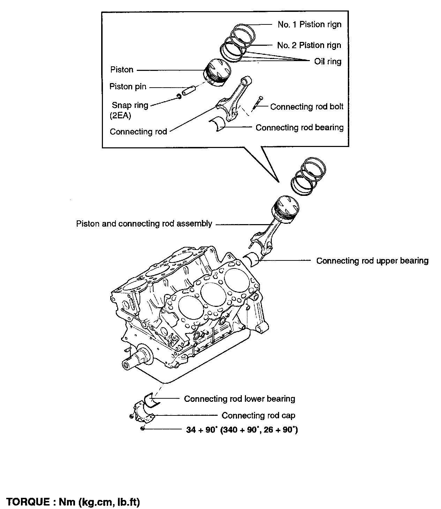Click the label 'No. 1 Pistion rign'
[x=309, y=24]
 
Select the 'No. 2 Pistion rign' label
[x=309, y=45]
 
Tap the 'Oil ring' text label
[x=328, y=62]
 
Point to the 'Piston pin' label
[x=128, y=87]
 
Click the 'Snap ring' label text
[x=130, y=105]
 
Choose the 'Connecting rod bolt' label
[x=307, y=107]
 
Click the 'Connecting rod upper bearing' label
[x=372, y=261]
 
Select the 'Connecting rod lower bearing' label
[x=239, y=399]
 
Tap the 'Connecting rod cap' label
[x=258, y=415]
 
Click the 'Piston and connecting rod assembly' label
[x=144, y=224]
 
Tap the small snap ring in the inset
[x=179, y=96]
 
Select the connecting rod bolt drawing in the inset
[x=258, y=103]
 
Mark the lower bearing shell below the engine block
[x=152, y=400]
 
